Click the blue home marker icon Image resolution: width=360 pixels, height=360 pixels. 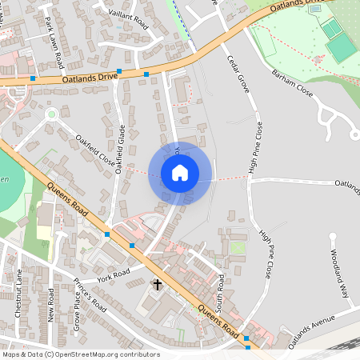(x=180, y=172)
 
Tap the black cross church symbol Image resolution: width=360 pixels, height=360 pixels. (x=158, y=284)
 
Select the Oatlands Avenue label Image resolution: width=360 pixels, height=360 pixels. (x=312, y=328)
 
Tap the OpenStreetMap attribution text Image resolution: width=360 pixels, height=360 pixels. (x=81, y=354)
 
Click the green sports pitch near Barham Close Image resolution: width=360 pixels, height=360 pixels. (x=341, y=48)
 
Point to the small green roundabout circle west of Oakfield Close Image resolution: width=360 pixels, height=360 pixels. (x=51, y=114)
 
